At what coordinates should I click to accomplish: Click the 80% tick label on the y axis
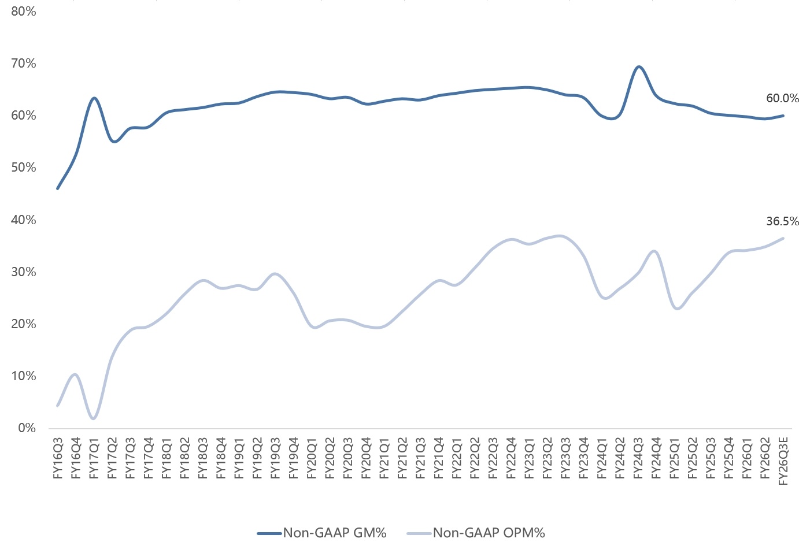pyautogui.click(x=24, y=12)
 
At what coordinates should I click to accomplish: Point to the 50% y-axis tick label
pyautogui.click(x=24, y=168)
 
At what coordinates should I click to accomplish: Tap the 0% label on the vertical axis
pyautogui.click(x=27, y=428)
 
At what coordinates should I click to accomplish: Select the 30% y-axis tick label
pyautogui.click(x=24, y=272)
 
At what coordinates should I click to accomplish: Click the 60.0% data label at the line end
pyautogui.click(x=783, y=98)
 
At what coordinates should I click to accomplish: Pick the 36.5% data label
pyautogui.click(x=783, y=221)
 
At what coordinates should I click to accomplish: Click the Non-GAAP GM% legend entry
pyautogui.click(x=322, y=533)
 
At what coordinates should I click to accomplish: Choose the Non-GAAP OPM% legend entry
pyautogui.click(x=476, y=533)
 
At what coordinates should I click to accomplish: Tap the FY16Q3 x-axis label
pyautogui.click(x=58, y=458)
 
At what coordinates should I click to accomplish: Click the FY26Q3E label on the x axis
pyautogui.click(x=783, y=462)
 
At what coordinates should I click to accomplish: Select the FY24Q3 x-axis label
pyautogui.click(x=638, y=458)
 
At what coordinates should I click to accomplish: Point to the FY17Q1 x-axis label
pyautogui.click(x=94, y=458)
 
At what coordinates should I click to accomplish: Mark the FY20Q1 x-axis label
pyautogui.click(x=312, y=458)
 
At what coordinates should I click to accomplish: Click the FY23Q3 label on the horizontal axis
pyautogui.click(x=565, y=458)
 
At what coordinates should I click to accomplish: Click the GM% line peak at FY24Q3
pyautogui.click(x=638, y=66)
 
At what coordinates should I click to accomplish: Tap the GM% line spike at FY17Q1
pyautogui.click(x=94, y=98)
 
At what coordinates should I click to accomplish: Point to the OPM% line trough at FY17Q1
pyautogui.click(x=94, y=418)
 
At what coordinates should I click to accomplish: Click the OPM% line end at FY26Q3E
pyautogui.click(x=783, y=238)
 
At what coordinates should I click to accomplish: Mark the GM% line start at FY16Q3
pyautogui.click(x=58, y=188)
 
